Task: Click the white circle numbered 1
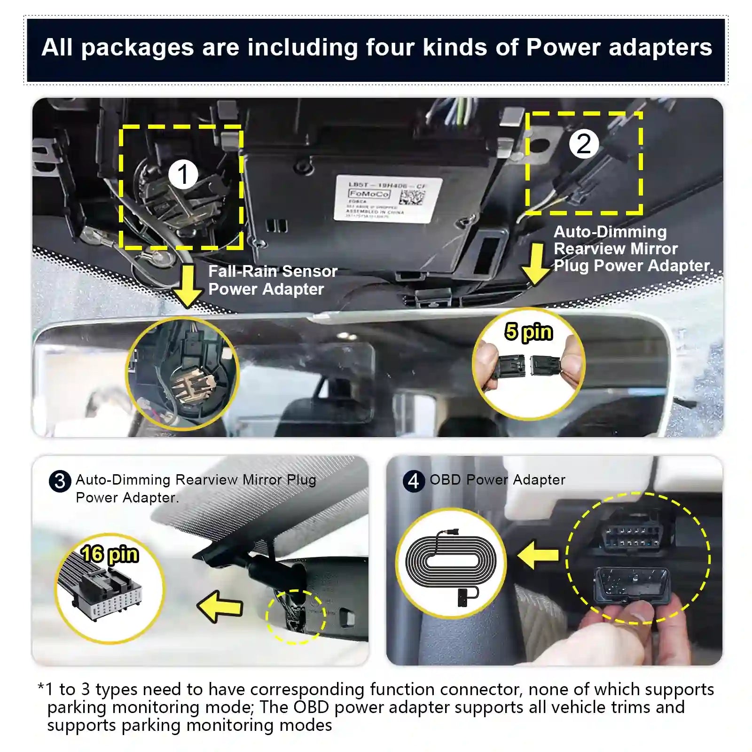(x=183, y=174)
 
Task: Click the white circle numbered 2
(x=584, y=144)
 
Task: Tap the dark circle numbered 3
(x=60, y=481)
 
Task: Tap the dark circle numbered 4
(x=414, y=481)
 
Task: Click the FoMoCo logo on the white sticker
(x=369, y=194)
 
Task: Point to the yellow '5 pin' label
(x=528, y=332)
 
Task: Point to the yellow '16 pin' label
(x=110, y=554)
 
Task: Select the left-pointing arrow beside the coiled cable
(x=538, y=555)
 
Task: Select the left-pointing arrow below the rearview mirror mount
(x=220, y=607)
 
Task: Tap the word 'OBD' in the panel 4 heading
(x=445, y=480)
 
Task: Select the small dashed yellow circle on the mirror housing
(x=296, y=617)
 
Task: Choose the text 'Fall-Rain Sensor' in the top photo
(x=273, y=271)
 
